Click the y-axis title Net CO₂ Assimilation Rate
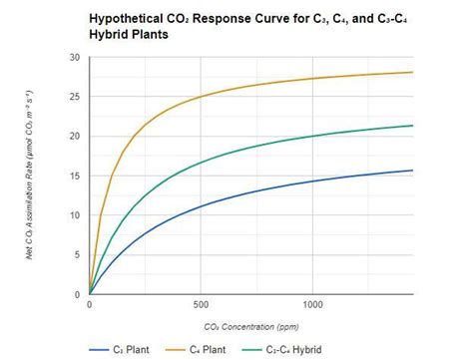click(48, 176)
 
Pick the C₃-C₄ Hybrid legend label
click(325, 351)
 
